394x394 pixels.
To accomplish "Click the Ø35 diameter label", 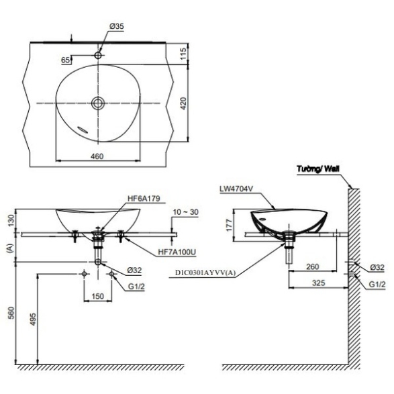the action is pos(117,26).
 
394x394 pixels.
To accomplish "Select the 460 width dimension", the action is pos(97,156).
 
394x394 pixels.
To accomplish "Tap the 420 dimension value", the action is pos(184,103).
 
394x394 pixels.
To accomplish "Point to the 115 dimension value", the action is pos(183,54).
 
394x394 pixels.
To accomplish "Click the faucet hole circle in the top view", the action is pos(98,55).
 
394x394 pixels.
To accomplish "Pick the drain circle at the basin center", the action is pos(98,103).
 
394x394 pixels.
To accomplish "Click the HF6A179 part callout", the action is pos(144,199).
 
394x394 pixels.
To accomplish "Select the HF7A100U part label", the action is pos(177,252).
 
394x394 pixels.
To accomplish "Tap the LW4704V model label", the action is pos(236,189).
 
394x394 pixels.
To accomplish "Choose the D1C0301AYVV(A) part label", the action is pos(205,273).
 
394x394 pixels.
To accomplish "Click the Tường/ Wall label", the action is pos(318,168).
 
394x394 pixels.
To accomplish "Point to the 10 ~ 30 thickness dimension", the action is pos(186,212).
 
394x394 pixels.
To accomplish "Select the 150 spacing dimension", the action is pos(97,296).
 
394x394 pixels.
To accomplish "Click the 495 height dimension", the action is pos(33,319).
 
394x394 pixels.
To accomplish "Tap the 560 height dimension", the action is pos(12,312).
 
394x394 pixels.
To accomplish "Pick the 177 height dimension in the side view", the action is pos(229,226).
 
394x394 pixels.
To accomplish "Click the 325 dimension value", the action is pos(318,283).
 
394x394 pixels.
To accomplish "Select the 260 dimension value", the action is pos(312,266).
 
